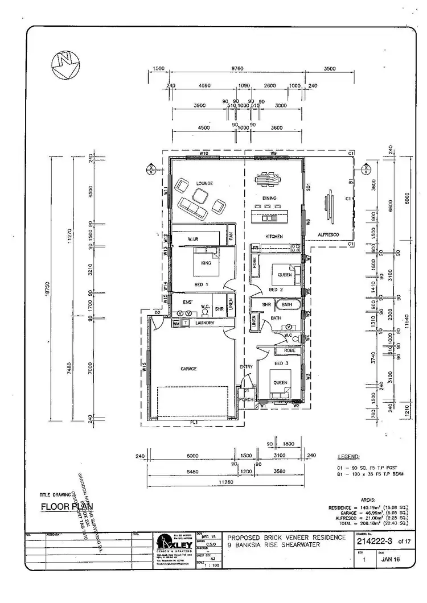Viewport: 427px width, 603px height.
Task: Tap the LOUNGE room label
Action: pos(204,183)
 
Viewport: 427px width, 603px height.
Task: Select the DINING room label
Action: pos(269,199)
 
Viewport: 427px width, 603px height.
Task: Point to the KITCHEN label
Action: pos(274,236)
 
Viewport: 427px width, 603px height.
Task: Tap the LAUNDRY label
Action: pos(204,323)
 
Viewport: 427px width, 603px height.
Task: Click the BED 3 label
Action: pos(281,362)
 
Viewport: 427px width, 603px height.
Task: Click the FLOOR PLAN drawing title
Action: pos(67,506)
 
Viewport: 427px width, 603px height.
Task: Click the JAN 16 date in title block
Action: pos(393,559)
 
